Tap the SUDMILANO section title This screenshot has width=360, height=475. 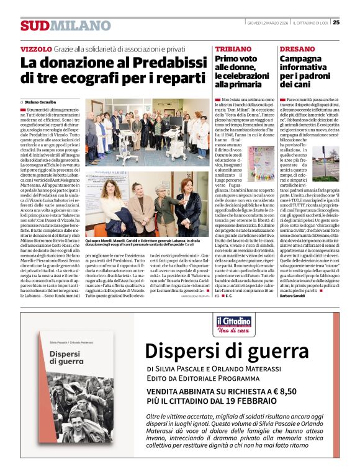[x=65, y=25]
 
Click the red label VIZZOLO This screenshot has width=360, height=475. [x=36, y=48]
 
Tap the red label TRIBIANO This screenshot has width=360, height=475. [x=233, y=48]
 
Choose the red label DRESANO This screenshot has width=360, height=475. [x=297, y=48]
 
